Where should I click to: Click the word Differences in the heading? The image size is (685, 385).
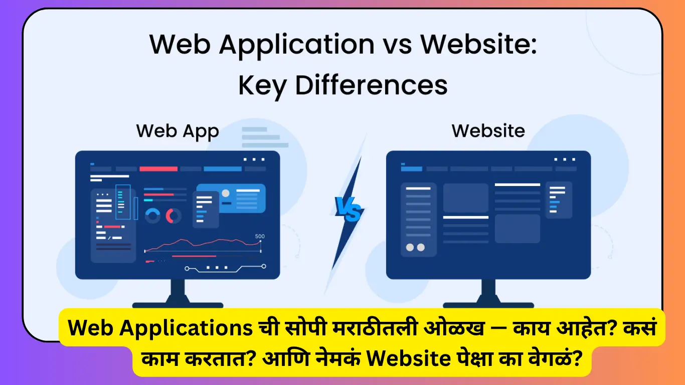371,85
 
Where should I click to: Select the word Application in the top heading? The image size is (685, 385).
296,45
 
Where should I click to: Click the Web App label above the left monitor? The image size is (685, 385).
178,131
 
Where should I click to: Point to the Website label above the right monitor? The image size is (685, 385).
488,131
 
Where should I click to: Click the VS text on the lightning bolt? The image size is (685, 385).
349,209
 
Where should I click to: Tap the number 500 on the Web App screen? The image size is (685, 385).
260,237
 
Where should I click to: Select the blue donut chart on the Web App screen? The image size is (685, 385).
152,216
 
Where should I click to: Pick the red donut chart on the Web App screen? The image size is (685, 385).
174,216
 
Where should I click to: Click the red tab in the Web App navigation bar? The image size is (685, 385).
158,169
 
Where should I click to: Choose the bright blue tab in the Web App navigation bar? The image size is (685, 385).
222,169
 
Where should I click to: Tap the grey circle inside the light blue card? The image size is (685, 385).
226,193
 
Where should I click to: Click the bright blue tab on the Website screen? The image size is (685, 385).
411,169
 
